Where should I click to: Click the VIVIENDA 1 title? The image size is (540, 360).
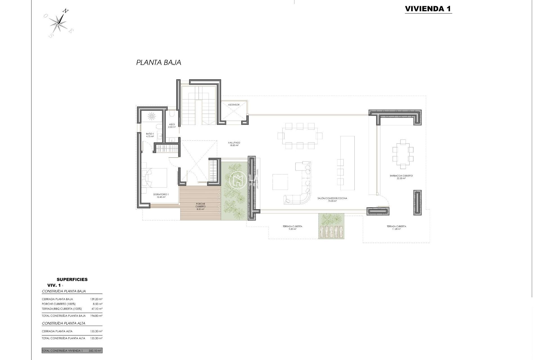pyautogui.click(x=428, y=9)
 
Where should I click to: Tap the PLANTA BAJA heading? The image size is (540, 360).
pyautogui.click(x=159, y=62)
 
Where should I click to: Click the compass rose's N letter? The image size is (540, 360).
pyautogui.click(x=65, y=11)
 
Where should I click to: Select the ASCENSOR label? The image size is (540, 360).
pyautogui.click(x=234, y=105)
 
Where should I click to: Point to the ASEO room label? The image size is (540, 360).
pyautogui.click(x=172, y=124)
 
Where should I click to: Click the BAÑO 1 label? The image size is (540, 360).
pyautogui.click(x=150, y=134)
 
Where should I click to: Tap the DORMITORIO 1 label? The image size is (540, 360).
pyautogui.click(x=161, y=194)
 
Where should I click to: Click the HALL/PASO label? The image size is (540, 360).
pyautogui.click(x=234, y=143)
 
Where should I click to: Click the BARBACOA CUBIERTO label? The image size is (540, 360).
pyautogui.click(x=401, y=176)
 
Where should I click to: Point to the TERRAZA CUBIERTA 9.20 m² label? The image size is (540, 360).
pyautogui.click(x=292, y=226)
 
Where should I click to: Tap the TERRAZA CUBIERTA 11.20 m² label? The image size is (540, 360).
pyautogui.click(x=396, y=226)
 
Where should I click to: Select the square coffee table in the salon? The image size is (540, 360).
pyautogui.click(x=280, y=182)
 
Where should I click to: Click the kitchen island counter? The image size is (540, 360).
pyautogui.click(x=347, y=163)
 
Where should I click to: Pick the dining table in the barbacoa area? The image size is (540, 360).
pyautogui.click(x=403, y=154)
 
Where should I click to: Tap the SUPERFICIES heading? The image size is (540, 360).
pyautogui.click(x=72, y=279)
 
